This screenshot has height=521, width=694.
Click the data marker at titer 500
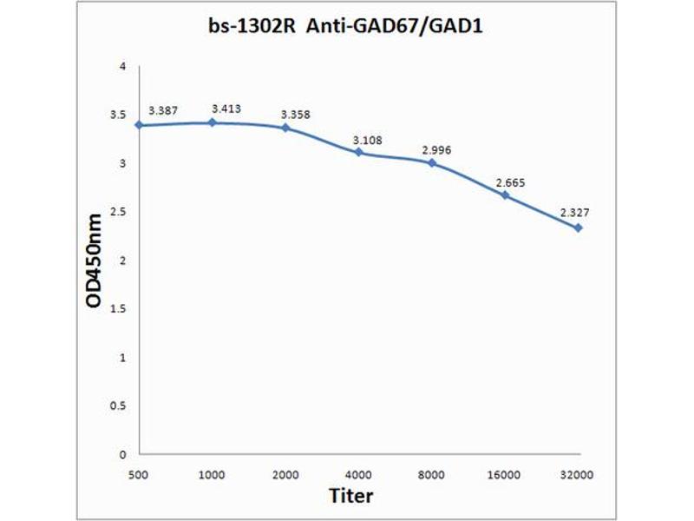point(139,125)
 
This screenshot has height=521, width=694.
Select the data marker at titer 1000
point(213,122)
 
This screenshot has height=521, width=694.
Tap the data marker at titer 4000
point(358,153)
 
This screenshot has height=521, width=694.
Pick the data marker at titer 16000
point(505,195)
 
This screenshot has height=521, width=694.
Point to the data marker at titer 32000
point(578,228)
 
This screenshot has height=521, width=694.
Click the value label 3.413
point(226,109)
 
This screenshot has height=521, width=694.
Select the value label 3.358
point(294,115)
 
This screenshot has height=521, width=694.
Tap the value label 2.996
point(436,150)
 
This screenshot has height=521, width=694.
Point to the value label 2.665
point(510,183)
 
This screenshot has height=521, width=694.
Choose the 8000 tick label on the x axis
point(431,475)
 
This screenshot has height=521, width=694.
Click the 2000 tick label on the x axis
point(285,475)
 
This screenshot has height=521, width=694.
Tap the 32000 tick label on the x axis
point(578,475)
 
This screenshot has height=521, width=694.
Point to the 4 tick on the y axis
point(123,67)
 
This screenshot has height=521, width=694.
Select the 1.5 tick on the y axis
point(119,309)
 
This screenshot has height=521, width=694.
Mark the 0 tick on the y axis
point(123,454)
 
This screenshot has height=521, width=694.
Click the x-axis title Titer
point(351,496)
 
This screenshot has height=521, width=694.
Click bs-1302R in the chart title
point(247,26)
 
